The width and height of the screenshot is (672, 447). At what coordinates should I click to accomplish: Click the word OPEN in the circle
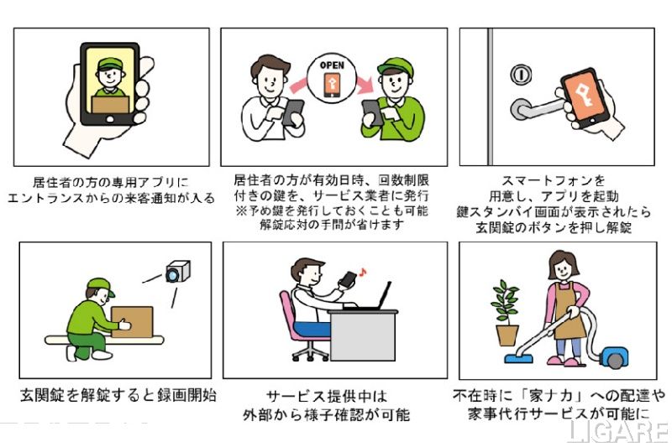coord(332,65)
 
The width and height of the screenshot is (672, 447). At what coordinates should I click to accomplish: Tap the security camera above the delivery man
coord(178,271)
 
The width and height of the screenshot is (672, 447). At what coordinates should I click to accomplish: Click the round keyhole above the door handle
coord(521,75)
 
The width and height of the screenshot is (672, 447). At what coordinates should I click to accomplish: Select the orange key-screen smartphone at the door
coord(585,98)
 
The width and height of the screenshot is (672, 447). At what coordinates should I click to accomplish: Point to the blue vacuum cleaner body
coord(615,357)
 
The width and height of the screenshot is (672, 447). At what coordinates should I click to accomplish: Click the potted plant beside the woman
coord(507,313)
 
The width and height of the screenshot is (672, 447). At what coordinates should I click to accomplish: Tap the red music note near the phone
coord(363,272)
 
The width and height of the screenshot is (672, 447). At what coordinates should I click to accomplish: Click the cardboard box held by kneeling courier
coord(133,322)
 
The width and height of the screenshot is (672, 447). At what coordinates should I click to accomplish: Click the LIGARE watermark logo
coord(617,433)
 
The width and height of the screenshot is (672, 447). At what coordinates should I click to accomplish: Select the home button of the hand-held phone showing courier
coord(110,119)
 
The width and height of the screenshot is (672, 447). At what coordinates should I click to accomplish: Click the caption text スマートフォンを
coord(554,180)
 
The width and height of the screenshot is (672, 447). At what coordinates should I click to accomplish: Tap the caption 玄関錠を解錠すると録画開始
coord(118,395)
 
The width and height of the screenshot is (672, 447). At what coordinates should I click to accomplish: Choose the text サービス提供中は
coord(326,396)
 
